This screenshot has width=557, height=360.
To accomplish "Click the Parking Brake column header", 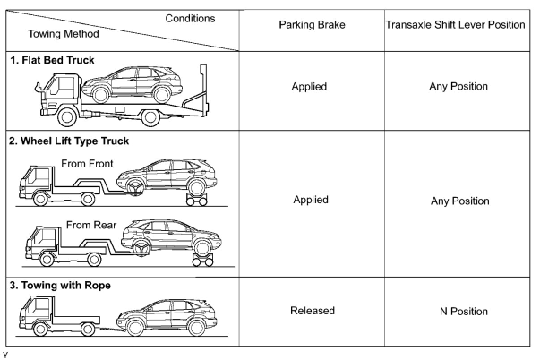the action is [312, 25].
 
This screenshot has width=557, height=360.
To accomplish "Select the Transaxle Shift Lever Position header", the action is [455, 25].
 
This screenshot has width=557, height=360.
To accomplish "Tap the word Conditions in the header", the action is [190, 19].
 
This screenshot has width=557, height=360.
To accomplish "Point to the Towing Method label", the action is [63, 34].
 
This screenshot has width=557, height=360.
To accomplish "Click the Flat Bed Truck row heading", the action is [52, 60].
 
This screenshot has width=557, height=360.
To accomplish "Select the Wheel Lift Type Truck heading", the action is [69, 141].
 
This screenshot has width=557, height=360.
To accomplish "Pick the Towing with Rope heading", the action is [60, 285].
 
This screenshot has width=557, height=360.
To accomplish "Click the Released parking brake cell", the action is [312, 311].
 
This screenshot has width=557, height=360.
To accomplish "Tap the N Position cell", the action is [463, 312].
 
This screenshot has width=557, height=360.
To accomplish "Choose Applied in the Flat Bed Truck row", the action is [309, 86].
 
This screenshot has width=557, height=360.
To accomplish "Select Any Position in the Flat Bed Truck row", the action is [458, 86].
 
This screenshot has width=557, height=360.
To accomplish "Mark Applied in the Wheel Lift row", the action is [310, 200].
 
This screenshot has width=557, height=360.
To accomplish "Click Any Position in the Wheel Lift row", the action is [460, 201].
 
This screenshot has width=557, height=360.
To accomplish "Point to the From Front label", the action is [87, 164].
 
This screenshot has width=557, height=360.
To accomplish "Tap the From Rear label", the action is [91, 225].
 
